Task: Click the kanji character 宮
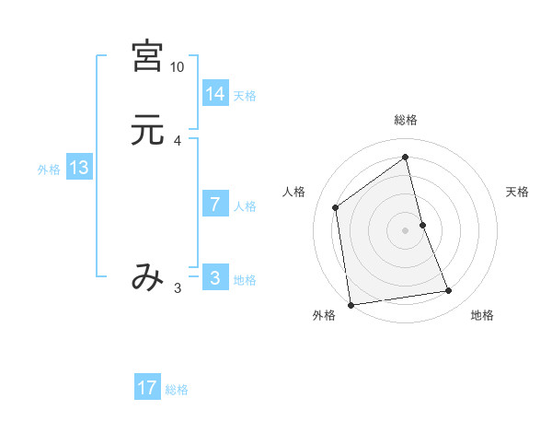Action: (147, 56)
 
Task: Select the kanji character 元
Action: (147, 131)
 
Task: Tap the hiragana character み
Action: (147, 276)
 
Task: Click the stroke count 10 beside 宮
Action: (177, 67)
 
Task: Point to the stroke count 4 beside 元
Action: (177, 141)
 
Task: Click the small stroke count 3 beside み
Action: (177, 288)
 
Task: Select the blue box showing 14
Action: (215, 94)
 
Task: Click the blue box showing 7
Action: (215, 205)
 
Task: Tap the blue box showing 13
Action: (78, 168)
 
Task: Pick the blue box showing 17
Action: (147, 388)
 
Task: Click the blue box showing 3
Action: (215, 278)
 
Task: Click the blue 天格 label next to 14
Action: (245, 96)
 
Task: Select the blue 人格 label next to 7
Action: (245, 206)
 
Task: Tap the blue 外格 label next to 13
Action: (49, 170)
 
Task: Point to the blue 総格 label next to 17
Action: (177, 390)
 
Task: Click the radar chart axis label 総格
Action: (406, 120)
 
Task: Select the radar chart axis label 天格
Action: (518, 192)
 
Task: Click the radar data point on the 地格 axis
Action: (449, 291)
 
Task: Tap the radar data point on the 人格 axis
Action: (336, 207)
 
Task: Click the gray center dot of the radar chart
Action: (406, 229)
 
